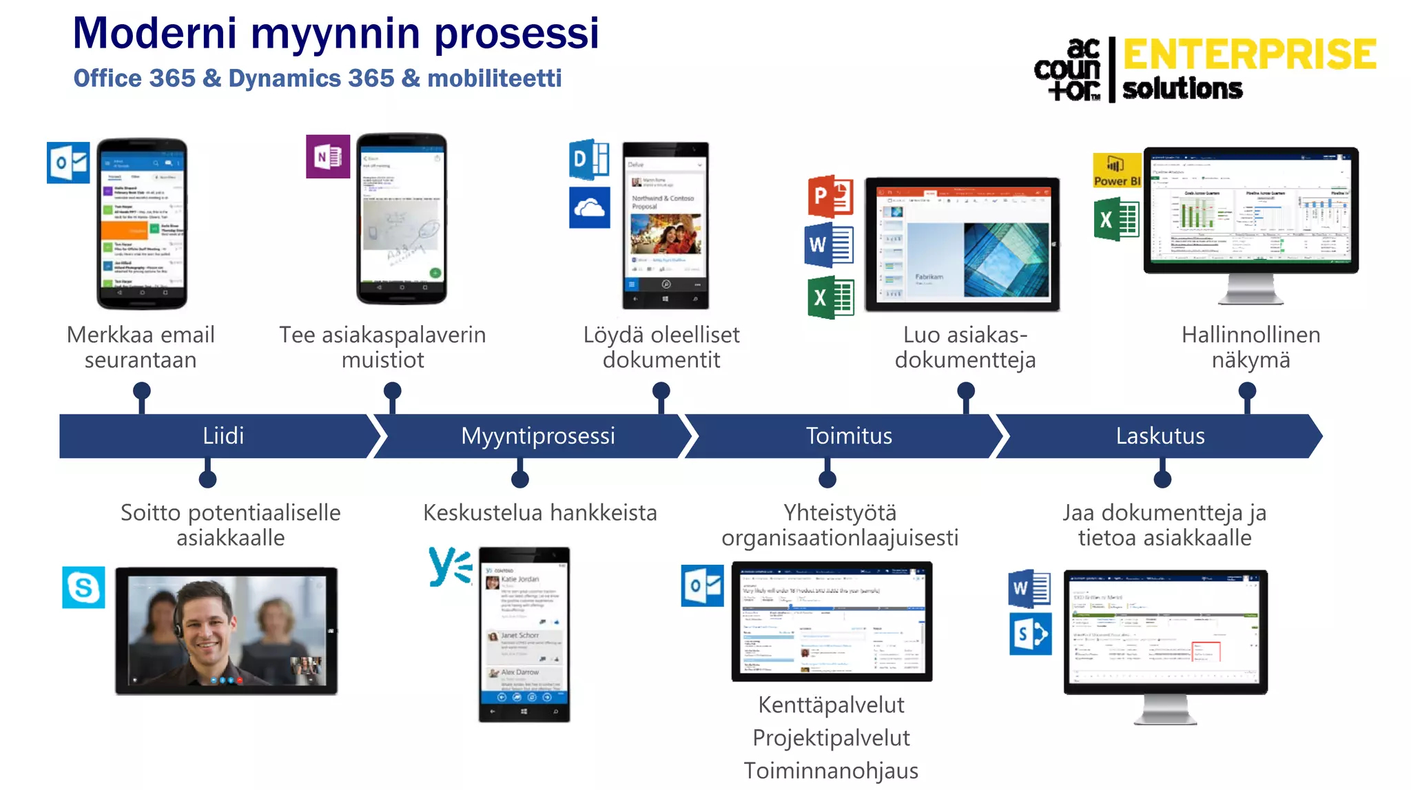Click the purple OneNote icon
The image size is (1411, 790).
pos(328,156)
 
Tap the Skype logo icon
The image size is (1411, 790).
pos(83,588)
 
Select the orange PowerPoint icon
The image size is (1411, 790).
pos(830,196)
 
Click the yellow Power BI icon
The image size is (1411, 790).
pos(1117,170)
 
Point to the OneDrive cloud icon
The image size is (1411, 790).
pos(589,207)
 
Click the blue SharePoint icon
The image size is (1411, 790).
pos(1030,634)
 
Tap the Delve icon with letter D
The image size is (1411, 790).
pos(588,160)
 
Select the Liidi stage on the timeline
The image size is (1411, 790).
pos(223,436)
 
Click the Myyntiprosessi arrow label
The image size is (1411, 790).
pos(537,436)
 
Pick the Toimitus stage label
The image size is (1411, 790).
pos(848,436)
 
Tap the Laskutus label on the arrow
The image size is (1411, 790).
pos(1160,436)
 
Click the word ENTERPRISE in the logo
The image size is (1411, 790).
pos(1249,54)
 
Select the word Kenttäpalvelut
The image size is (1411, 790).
pos(831,705)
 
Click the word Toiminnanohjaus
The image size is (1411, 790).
pos(831,771)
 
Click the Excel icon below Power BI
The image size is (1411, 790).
pos(1116,220)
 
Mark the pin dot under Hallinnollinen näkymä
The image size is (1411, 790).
pos(1247,391)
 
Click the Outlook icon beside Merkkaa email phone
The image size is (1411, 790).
pos(68,163)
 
